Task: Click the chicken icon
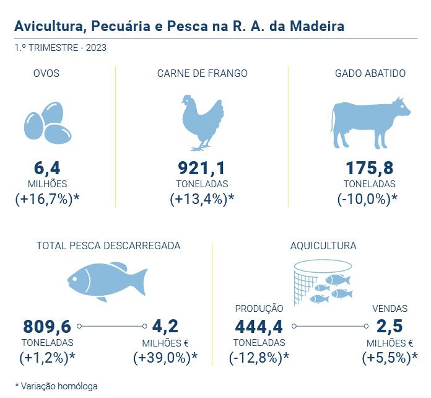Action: [x=202, y=122]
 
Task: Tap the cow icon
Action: [x=370, y=122]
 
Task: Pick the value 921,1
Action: [x=202, y=168]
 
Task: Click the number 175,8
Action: [x=370, y=168]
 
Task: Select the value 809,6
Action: [x=47, y=326]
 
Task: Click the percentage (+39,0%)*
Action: [x=165, y=358]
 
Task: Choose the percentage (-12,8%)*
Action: [x=259, y=358]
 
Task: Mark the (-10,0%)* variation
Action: [x=367, y=200]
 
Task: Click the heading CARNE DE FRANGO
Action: [x=202, y=74]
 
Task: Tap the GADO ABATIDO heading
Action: [x=370, y=74]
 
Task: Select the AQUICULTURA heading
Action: [x=323, y=246]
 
